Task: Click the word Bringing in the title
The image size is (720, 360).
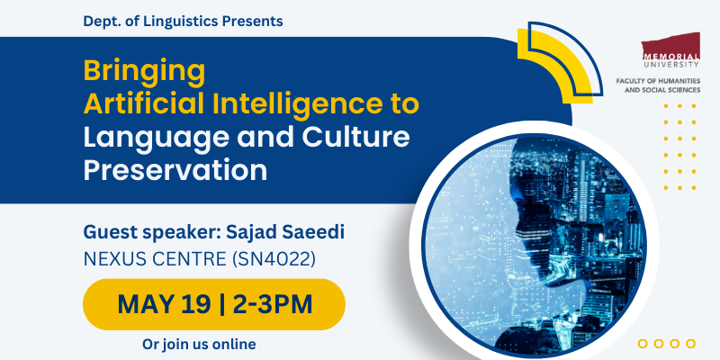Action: coord(144,71)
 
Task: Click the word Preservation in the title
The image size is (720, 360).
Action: coord(175,169)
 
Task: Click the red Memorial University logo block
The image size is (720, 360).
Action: coord(670,46)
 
